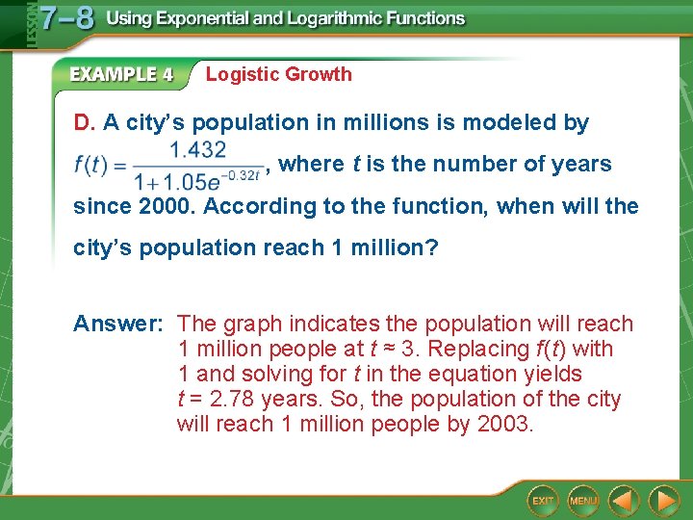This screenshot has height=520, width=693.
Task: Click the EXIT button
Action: click(544, 501)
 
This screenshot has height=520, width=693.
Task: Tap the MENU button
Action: click(583, 501)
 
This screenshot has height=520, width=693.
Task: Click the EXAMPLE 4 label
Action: click(121, 74)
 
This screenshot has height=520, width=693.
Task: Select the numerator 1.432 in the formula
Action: click(197, 149)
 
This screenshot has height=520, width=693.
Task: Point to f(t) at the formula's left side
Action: click(93, 165)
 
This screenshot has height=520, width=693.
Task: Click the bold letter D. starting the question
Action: click(85, 123)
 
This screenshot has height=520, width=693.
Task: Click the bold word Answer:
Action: click(120, 324)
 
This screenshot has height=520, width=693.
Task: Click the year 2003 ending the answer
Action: click(503, 424)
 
